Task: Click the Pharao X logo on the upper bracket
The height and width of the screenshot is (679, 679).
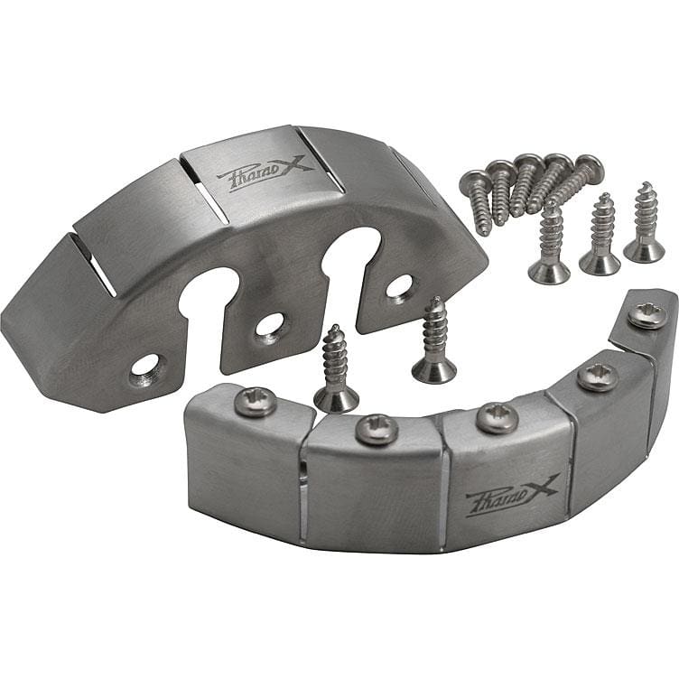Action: tap(265, 175)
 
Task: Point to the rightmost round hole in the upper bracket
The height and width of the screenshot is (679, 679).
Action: tap(398, 286)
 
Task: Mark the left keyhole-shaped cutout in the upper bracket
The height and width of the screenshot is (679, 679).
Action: tap(207, 300)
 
